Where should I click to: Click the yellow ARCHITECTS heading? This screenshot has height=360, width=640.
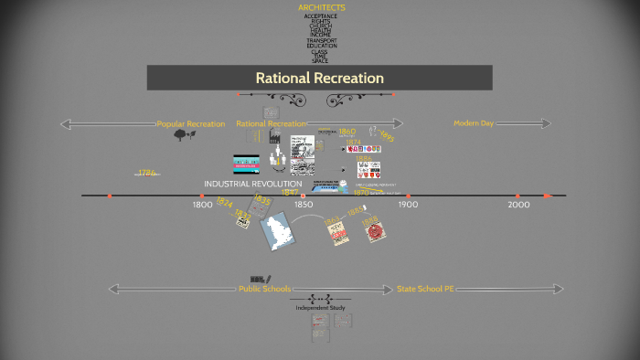(322, 7)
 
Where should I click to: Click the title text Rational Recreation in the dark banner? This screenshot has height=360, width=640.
(319, 78)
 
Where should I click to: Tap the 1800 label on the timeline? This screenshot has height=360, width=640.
(202, 206)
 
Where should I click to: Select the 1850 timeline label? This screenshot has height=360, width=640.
(305, 206)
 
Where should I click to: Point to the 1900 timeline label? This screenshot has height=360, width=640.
(408, 206)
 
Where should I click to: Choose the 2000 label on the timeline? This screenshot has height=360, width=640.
(518, 206)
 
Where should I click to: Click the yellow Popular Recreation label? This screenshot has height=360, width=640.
(191, 123)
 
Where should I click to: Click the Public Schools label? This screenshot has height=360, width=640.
(264, 289)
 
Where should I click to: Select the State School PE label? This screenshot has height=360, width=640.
(425, 289)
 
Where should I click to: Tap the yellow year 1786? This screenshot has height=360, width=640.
(147, 172)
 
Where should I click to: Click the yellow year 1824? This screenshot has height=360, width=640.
(225, 205)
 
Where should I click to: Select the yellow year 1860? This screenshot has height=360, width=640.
(347, 132)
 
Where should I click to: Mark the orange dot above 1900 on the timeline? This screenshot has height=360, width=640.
(408, 196)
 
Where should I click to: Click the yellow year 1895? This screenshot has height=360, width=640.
(387, 137)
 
